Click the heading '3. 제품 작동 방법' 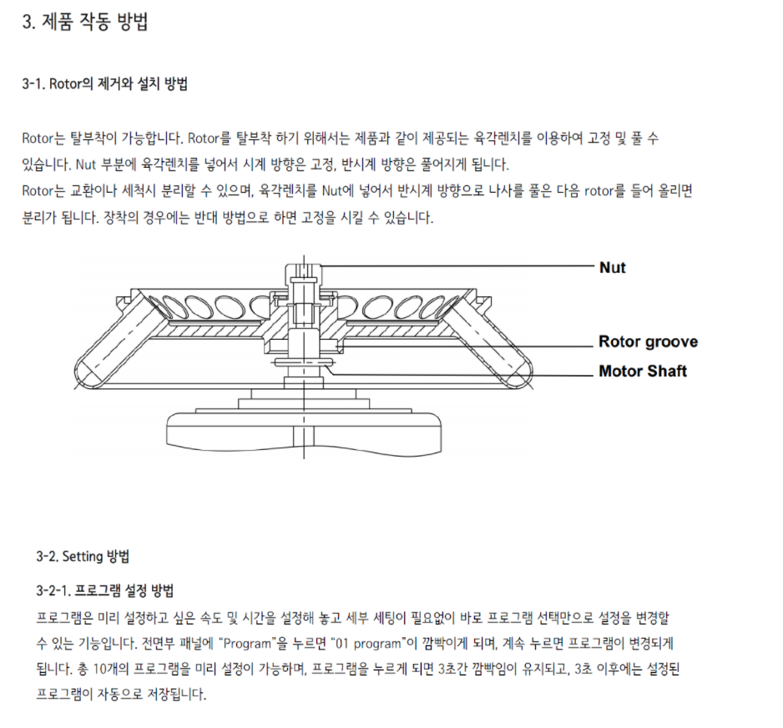click(x=85, y=23)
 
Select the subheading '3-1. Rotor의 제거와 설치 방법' click(x=104, y=84)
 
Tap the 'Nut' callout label click(x=612, y=268)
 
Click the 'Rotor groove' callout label click(x=648, y=341)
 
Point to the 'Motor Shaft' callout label click(x=642, y=371)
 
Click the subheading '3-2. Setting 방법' click(x=83, y=556)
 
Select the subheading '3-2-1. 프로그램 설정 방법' click(x=105, y=591)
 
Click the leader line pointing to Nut click(x=459, y=265)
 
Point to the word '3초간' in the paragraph click(x=455, y=670)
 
